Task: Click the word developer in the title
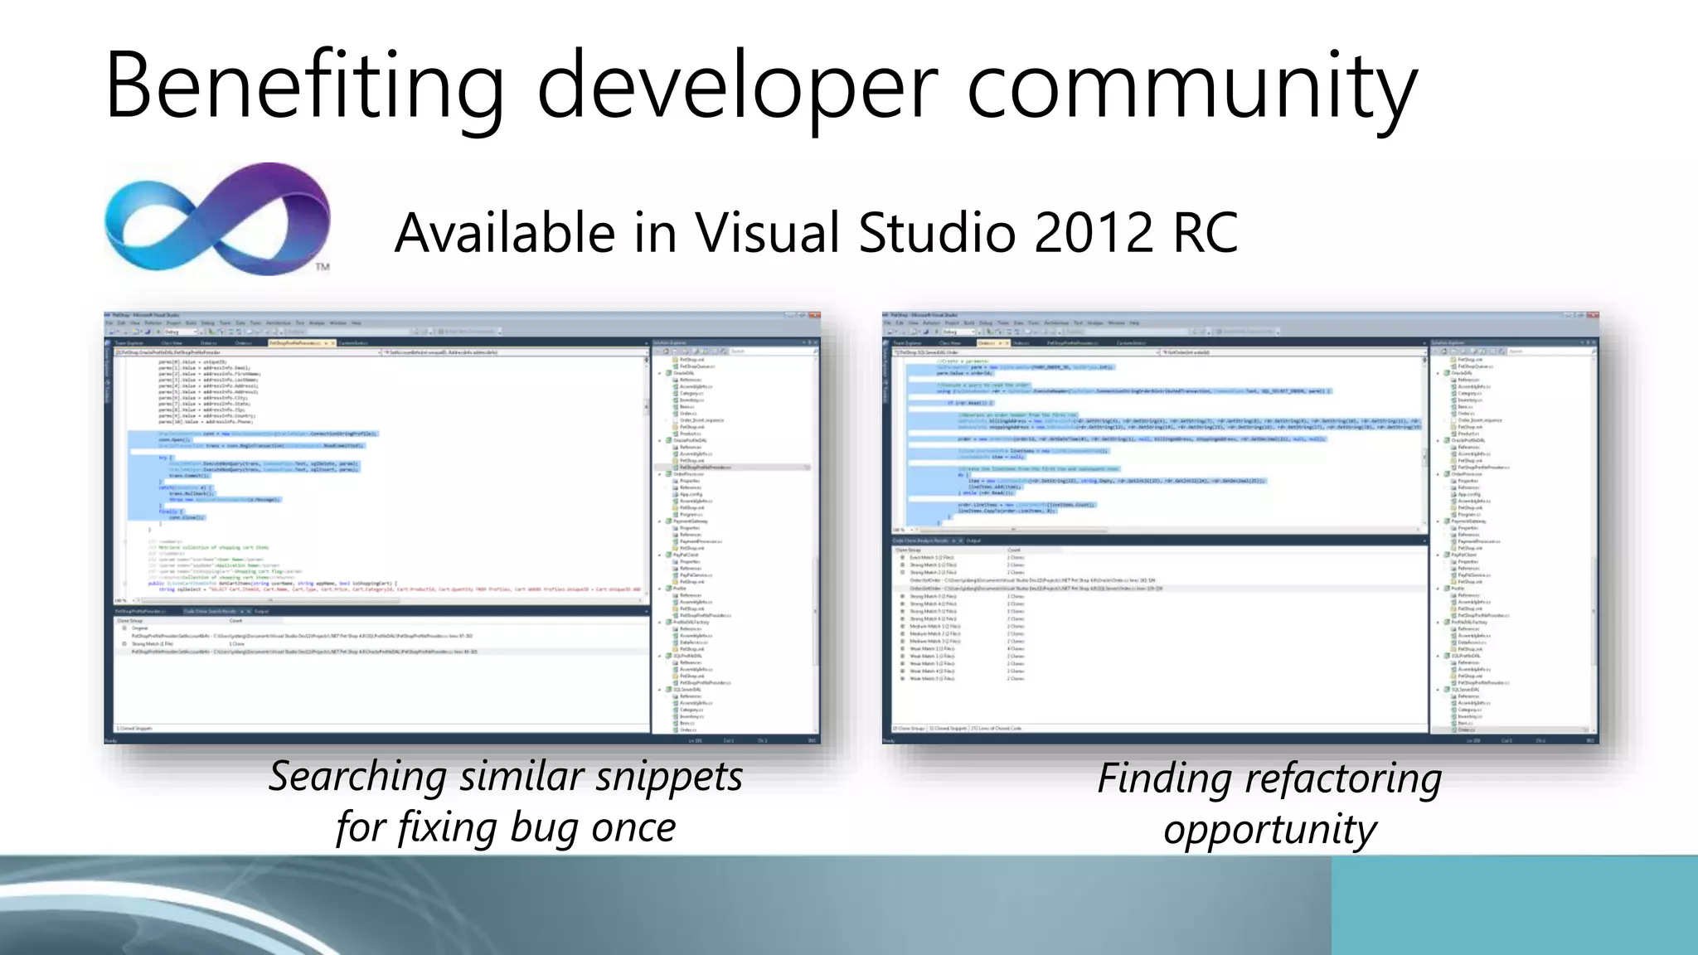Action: pos(737,87)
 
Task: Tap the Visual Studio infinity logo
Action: pos(217,220)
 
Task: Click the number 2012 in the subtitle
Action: pos(1093,233)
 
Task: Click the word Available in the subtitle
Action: pos(505,233)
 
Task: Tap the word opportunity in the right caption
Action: pos(1269,830)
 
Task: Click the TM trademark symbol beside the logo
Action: pos(323,267)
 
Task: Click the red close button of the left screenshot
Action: pos(814,316)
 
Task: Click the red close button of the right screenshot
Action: pos(1592,316)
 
